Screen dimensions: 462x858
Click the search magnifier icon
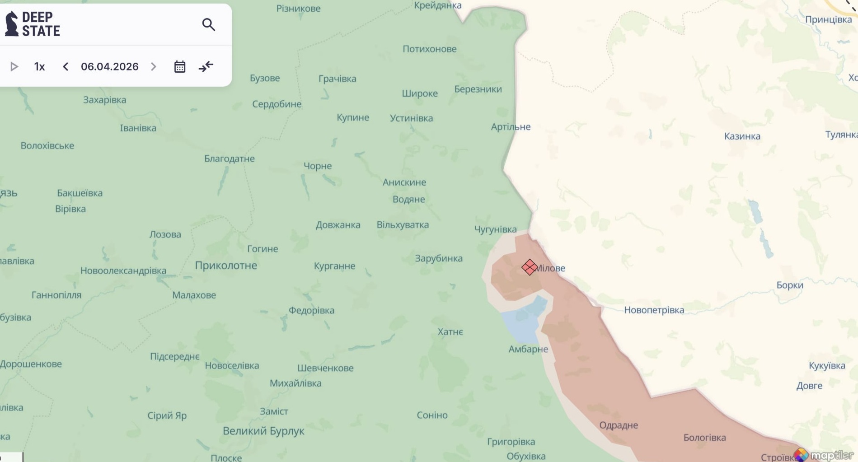[208, 24]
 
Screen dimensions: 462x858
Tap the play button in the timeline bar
[14, 67]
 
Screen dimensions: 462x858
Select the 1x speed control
[39, 67]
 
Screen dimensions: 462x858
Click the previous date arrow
[66, 67]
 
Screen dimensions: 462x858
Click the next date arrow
[154, 67]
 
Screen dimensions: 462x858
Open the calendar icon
[180, 67]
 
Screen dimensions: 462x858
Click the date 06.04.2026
[109, 67]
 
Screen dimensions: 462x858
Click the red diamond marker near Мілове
[529, 267]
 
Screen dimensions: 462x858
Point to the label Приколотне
[226, 266]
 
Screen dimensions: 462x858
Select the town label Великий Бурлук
[263, 431]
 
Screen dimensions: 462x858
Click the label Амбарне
[528, 349]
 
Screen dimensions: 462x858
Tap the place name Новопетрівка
[654, 310]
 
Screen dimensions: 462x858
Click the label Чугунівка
[495, 229]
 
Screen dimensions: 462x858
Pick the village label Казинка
[742, 136]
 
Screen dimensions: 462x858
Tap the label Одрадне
[618, 425]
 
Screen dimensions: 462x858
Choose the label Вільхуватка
[403, 225]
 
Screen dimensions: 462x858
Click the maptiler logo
[825, 455]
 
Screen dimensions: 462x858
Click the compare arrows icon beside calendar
[206, 67]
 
